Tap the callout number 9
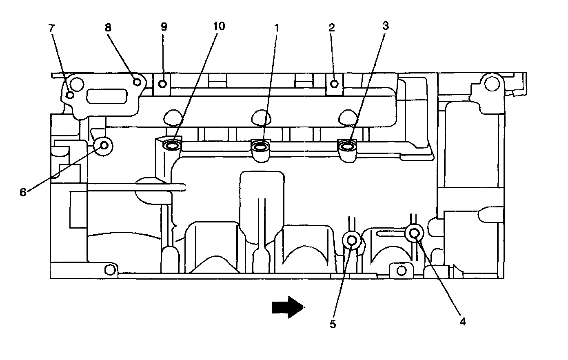164,27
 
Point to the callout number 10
218,26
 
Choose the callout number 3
385,26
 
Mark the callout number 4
462,321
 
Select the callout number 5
333,324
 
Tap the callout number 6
23,191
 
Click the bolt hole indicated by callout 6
104,145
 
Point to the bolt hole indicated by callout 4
414,233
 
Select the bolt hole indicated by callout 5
351,240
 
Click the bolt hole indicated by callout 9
162,84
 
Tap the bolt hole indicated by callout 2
334,84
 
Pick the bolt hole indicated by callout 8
138,82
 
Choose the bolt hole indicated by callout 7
70,95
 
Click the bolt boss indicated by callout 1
260,146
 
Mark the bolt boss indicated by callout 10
172,145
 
